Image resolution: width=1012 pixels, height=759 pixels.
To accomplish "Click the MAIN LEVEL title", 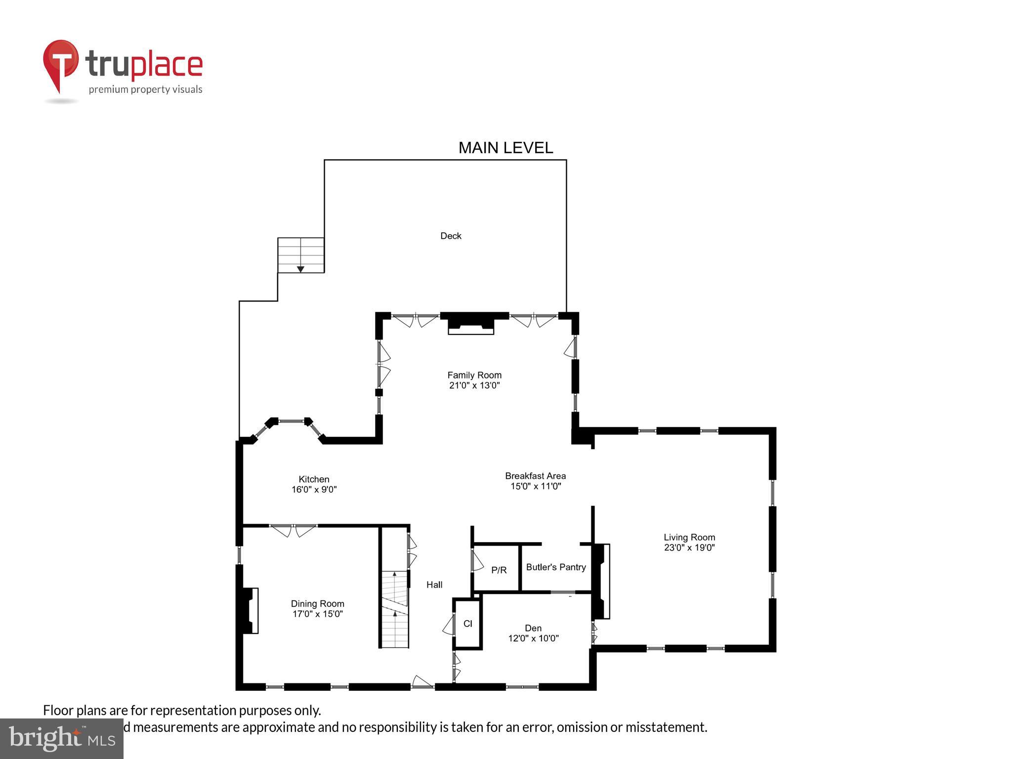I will [506, 148].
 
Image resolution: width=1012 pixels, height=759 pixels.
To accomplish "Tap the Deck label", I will [451, 236].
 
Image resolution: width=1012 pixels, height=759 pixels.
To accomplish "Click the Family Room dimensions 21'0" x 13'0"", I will [474, 385].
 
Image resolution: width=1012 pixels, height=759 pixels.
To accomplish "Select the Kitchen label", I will [314, 479].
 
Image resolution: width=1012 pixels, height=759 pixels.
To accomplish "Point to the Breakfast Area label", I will [535, 476].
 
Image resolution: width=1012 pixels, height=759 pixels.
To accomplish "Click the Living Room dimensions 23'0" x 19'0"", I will [689, 548].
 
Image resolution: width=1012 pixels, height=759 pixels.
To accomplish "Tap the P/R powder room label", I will [499, 570].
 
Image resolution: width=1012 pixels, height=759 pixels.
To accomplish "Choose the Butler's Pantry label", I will [556, 567].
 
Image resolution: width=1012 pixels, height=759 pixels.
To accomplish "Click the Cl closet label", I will [467, 624].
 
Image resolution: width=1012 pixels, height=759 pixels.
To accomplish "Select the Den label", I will [533, 628].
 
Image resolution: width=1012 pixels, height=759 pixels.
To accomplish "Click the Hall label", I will [434, 585].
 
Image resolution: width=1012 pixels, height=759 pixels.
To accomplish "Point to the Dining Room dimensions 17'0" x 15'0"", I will [317, 614].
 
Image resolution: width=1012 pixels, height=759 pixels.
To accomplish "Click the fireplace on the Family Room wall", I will [471, 326].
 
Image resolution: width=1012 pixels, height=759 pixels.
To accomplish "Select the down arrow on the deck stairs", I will [300, 269].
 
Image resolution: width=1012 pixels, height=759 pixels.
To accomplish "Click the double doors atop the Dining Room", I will [294, 530].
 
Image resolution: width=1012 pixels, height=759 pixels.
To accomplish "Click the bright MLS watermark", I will [62, 739].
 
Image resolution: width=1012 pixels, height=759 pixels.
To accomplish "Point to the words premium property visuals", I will [145, 89].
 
